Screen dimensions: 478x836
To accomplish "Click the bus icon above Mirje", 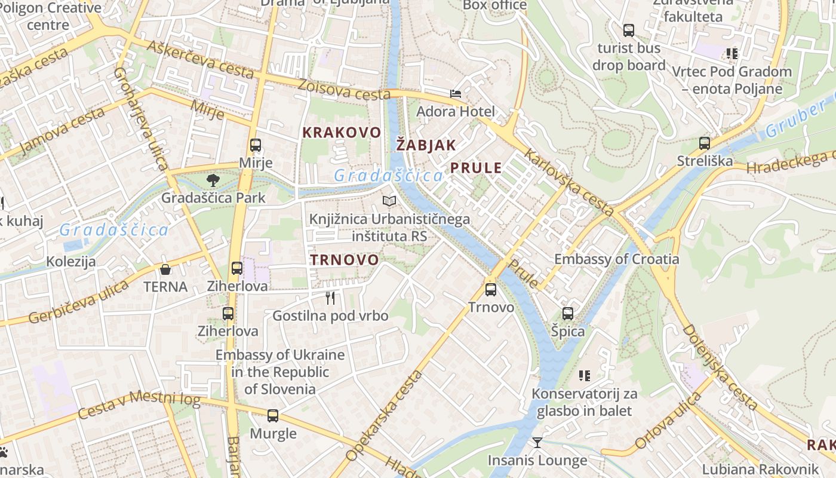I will tap(256, 145).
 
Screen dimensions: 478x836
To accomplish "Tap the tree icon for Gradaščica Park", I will tap(213, 180).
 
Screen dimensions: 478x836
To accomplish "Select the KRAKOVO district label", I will tap(342, 133).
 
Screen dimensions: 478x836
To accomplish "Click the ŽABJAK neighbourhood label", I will tap(426, 145).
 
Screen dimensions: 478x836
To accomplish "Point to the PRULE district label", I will tap(476, 168).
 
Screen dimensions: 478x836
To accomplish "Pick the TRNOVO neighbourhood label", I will tap(345, 260).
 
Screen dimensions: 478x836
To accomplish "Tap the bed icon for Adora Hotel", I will tap(456, 94).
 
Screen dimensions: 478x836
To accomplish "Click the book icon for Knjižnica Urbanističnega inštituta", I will tap(389, 201).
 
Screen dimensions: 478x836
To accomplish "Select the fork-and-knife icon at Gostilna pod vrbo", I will tap(330, 298).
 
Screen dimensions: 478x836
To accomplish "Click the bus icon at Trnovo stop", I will tap(491, 290).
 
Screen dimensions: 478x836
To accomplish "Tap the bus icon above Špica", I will tap(568, 314).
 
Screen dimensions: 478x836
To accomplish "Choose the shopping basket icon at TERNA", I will tap(165, 269).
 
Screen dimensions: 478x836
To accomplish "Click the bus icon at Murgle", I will tap(273, 416).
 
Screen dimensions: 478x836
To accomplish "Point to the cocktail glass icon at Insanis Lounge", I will tap(537, 443).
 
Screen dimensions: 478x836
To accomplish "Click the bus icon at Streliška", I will tap(705, 143).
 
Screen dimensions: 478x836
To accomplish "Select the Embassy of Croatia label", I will tap(616, 259).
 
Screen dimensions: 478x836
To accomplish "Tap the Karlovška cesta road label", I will tap(568, 183).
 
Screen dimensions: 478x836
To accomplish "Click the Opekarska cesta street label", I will tap(384, 416).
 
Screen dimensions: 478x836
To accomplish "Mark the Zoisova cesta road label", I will tap(345, 90).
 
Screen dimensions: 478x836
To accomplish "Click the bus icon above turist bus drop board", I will tap(628, 30).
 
